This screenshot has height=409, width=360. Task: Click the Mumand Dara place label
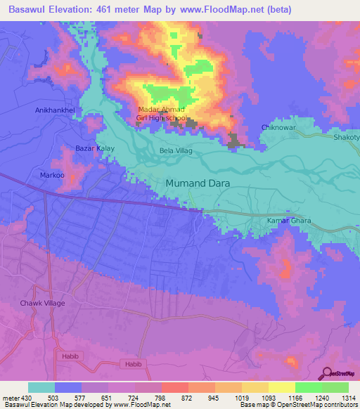[x=198, y=184]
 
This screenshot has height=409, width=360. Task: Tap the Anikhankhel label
[x=55, y=111]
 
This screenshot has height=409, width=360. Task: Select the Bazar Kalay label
[x=95, y=149]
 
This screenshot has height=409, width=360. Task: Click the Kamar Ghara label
[x=288, y=221]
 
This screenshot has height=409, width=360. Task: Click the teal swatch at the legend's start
[x=41, y=387]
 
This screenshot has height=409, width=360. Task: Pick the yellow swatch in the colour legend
[x=281, y=387]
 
